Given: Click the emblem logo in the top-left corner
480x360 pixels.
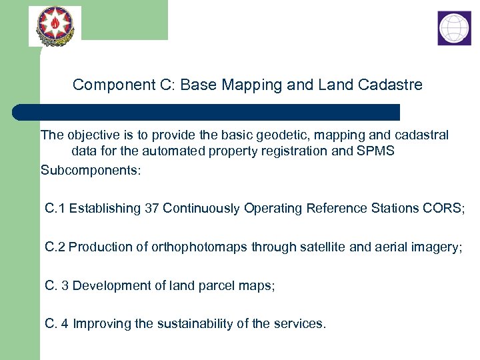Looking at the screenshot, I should (55, 26).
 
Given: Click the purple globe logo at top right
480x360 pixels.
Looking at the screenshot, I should (454, 28).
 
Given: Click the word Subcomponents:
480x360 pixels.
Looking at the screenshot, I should (91, 171).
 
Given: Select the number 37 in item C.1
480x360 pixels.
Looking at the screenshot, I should (152, 209).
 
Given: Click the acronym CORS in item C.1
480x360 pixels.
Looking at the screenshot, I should (441, 209).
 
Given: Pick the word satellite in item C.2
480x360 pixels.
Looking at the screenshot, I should (322, 247).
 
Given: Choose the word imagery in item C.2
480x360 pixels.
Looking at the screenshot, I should (433, 247).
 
